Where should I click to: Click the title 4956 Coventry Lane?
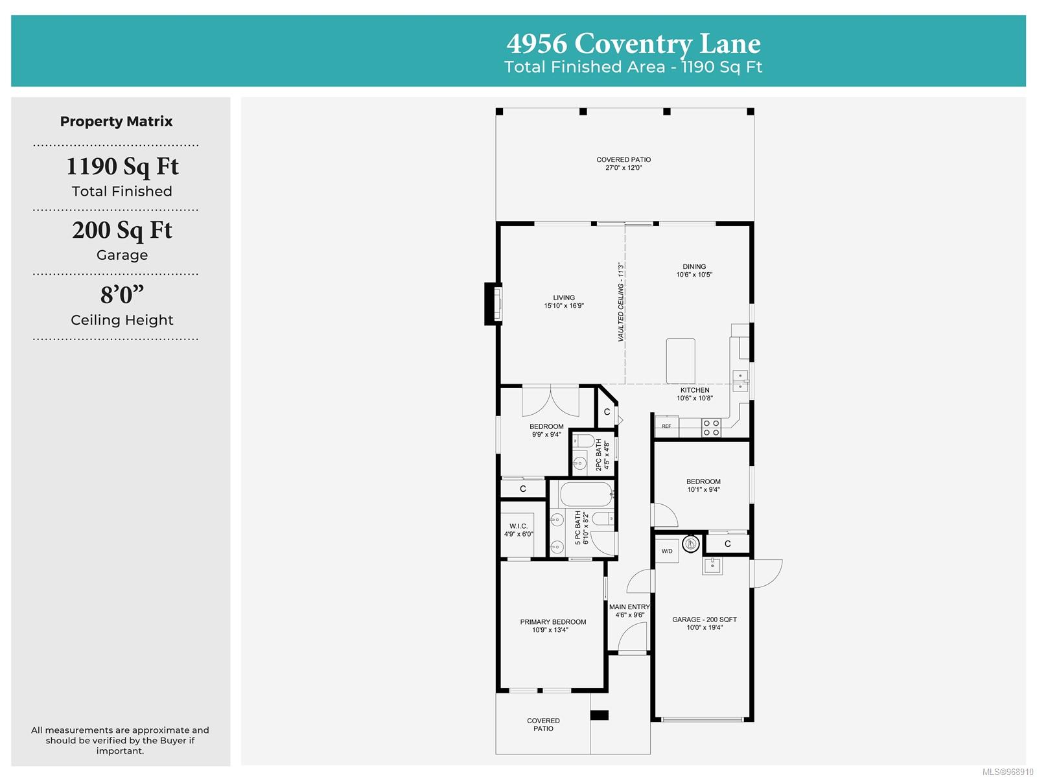pyautogui.click(x=633, y=43)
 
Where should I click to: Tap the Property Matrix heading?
pyautogui.click(x=116, y=121)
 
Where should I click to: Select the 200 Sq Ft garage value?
pyautogui.click(x=122, y=230)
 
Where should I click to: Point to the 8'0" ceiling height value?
pyautogui.click(x=122, y=294)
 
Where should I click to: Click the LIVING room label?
pyautogui.click(x=564, y=297)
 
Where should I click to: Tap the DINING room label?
pyautogui.click(x=694, y=266)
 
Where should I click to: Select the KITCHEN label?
pyautogui.click(x=695, y=390)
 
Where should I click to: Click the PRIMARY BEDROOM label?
pyautogui.click(x=553, y=622)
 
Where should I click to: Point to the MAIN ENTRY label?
pyautogui.click(x=629, y=607)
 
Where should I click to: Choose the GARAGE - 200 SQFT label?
pyautogui.click(x=705, y=620)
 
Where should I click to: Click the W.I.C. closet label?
pyautogui.click(x=518, y=526)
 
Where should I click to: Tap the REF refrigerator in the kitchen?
pyautogui.click(x=667, y=426)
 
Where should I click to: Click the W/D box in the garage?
pyautogui.click(x=667, y=551)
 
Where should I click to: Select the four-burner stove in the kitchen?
pyautogui.click(x=711, y=428)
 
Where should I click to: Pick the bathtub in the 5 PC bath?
pyautogui.click(x=587, y=494)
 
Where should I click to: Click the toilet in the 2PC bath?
pyautogui.click(x=583, y=441)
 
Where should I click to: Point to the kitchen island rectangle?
pyautogui.click(x=681, y=361)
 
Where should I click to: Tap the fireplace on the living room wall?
pyautogui.click(x=493, y=304)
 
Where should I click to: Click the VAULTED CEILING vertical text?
pyautogui.click(x=621, y=302)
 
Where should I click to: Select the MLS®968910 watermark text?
pyautogui.click(x=1008, y=771)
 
